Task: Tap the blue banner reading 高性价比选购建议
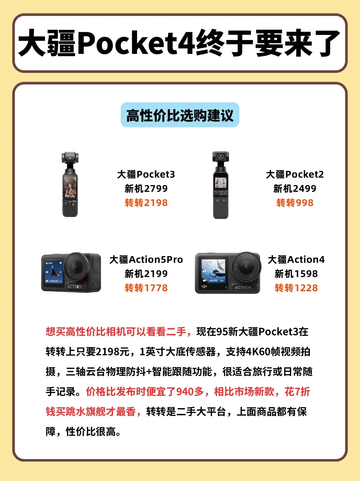click(180, 115)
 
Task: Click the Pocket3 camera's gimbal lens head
click(70, 158)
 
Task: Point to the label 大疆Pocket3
click(146, 174)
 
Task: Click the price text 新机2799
click(146, 189)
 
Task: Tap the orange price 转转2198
click(146, 203)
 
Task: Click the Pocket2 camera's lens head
click(221, 156)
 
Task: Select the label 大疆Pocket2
click(295, 174)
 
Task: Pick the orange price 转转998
click(295, 203)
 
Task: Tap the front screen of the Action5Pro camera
click(54, 272)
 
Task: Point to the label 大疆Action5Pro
click(146, 260)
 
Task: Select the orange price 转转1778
click(146, 288)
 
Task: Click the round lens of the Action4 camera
click(246, 266)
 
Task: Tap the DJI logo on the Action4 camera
click(204, 286)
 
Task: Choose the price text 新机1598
click(296, 274)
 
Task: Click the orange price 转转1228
click(296, 288)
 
